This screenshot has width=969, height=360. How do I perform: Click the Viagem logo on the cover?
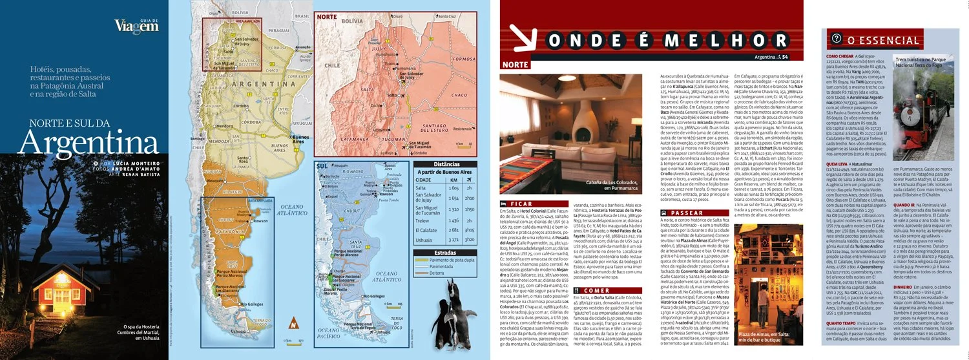[136, 26]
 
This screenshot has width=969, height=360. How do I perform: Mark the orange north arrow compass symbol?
[293, 324]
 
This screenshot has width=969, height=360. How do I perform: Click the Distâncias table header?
[446, 164]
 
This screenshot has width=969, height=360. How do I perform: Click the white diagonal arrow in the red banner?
[521, 39]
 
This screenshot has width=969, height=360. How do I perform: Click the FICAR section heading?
[521, 203]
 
